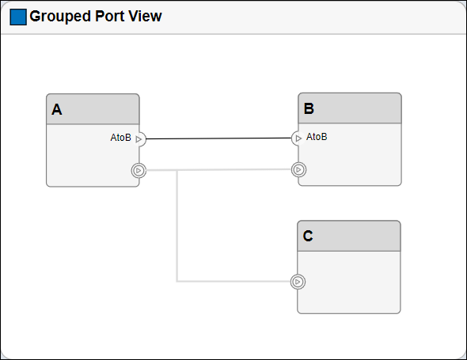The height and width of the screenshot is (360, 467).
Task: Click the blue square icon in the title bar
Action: point(17,17)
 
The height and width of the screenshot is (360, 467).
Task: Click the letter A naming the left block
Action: point(56,110)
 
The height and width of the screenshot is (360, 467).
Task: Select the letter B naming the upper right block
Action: point(309,109)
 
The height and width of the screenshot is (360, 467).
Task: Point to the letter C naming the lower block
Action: point(308,236)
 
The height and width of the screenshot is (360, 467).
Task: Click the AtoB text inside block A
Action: point(120,138)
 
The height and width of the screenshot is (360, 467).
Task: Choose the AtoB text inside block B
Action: point(317,137)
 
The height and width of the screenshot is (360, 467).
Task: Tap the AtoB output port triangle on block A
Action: point(139,139)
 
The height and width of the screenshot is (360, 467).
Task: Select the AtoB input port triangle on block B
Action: point(298,138)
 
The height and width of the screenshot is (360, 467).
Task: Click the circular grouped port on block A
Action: point(139,170)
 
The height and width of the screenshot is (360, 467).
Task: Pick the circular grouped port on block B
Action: point(298,169)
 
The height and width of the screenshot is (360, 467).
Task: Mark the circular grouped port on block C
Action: point(298,281)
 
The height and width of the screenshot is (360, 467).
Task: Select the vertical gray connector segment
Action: point(177,229)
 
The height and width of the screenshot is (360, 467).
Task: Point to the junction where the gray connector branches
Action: point(177,170)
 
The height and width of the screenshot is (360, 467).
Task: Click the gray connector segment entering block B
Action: point(237,169)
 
